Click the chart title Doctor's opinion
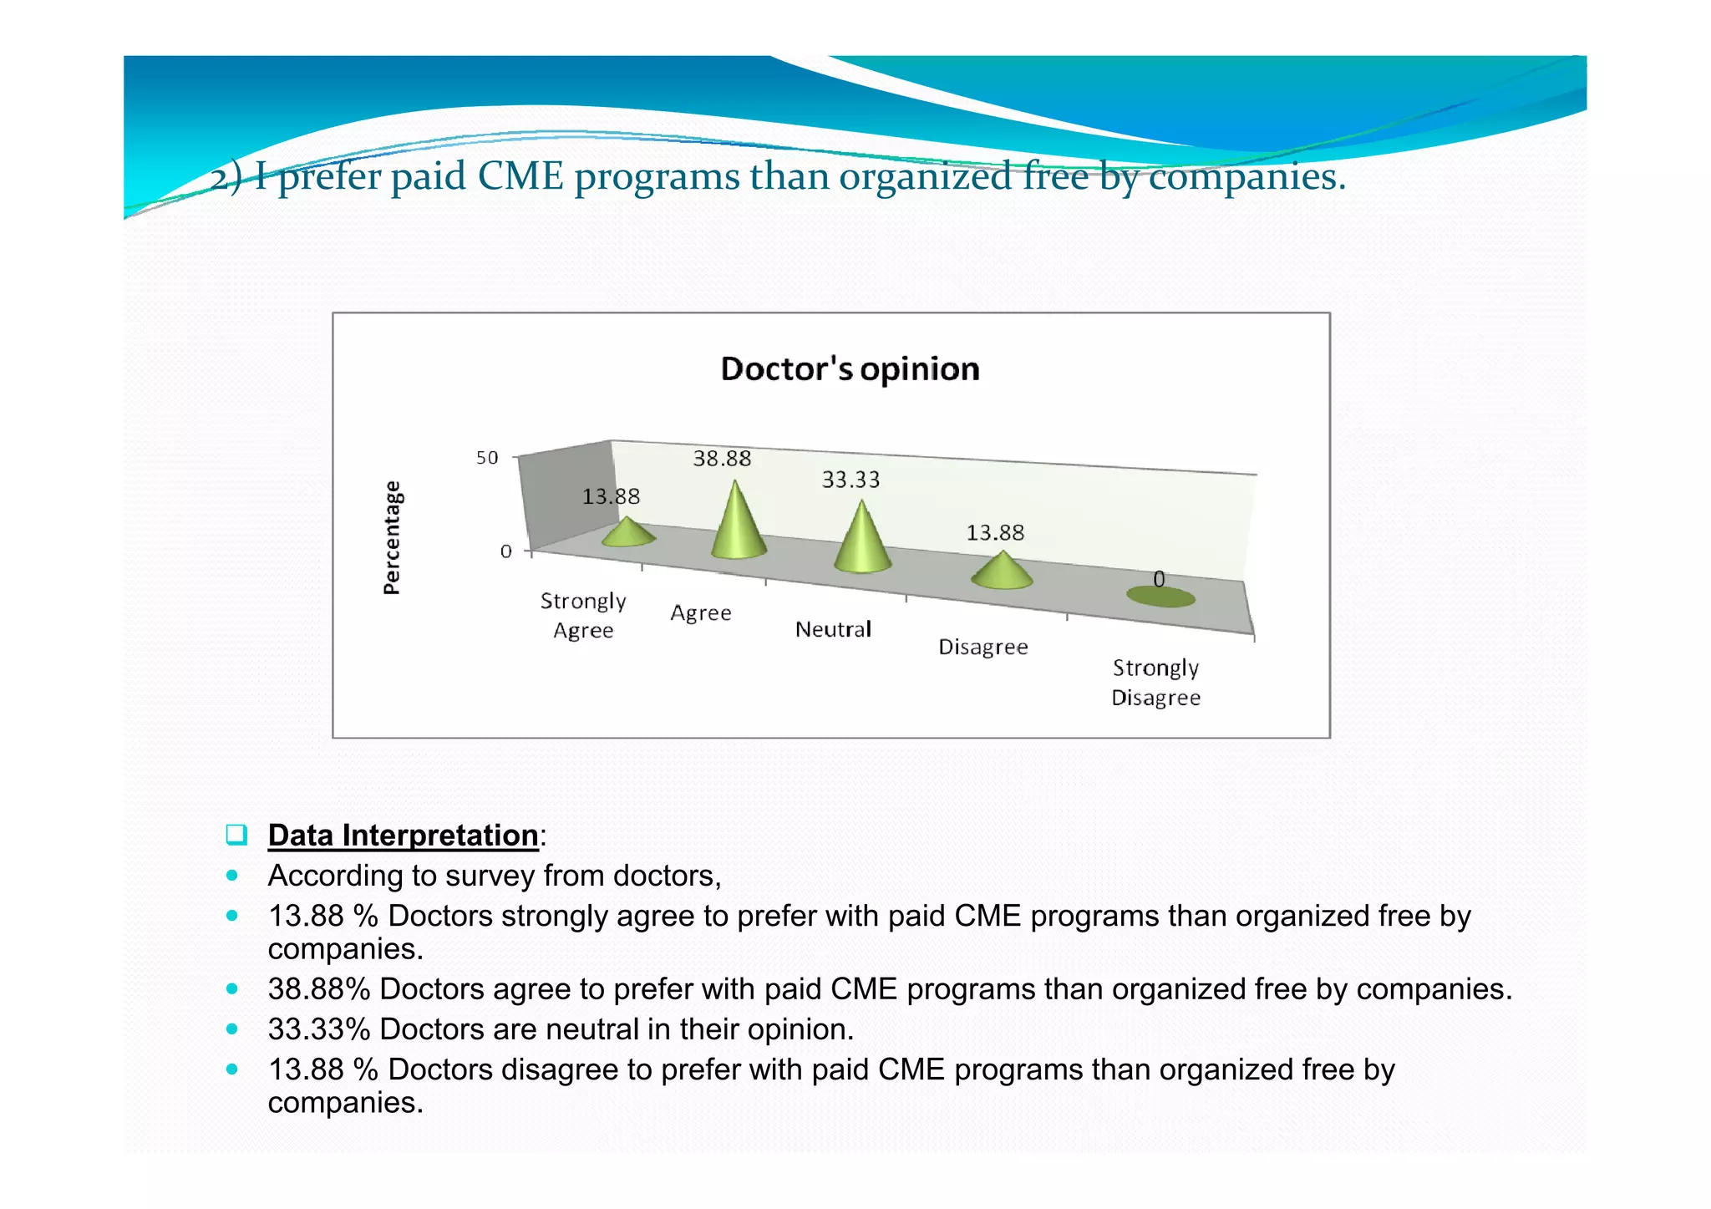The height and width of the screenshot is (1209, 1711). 850,369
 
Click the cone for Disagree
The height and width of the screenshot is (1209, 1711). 1002,572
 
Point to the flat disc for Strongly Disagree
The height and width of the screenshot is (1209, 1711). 1160,597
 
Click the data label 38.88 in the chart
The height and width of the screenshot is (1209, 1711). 722,459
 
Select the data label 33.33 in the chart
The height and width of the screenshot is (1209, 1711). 850,480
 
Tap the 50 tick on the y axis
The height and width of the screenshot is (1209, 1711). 487,458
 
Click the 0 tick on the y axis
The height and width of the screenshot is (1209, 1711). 505,551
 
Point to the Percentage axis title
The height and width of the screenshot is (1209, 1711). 391,537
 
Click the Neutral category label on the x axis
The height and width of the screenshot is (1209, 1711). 833,629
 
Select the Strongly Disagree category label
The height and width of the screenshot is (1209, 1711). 1155,683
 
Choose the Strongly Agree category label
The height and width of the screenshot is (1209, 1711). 583,616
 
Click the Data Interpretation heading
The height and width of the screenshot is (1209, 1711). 403,836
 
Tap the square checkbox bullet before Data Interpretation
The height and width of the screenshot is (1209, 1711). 236,835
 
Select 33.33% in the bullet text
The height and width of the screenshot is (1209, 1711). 318,1029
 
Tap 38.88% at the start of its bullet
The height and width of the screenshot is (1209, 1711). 318,989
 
